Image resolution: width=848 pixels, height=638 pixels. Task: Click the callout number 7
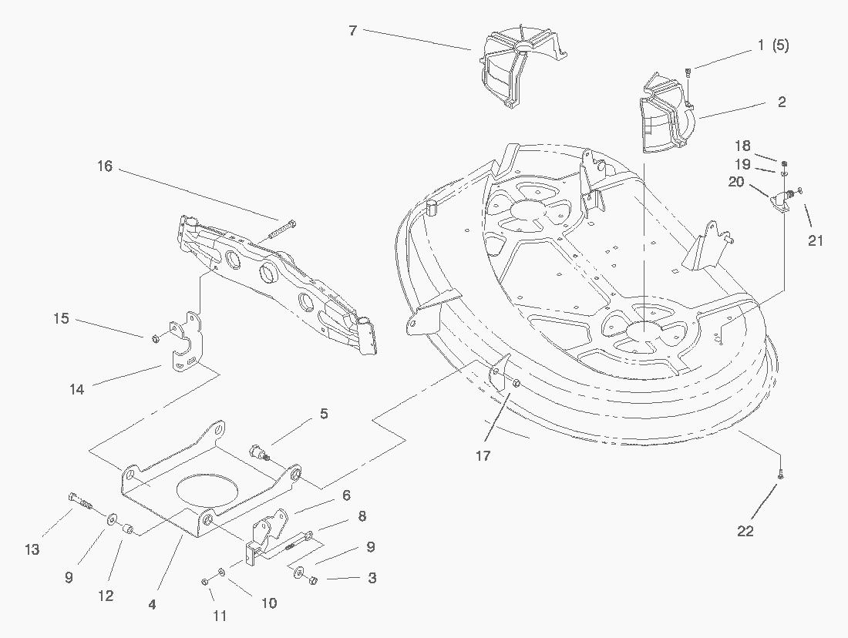tap(352, 30)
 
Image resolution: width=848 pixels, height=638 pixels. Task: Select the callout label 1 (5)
tap(772, 45)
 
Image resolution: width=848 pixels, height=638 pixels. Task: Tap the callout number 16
tap(105, 166)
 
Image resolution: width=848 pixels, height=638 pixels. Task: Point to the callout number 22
tap(745, 531)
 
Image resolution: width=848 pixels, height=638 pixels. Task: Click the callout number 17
tap(483, 456)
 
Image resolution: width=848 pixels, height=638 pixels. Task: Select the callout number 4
tap(152, 605)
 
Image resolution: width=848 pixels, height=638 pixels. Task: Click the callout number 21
tap(816, 241)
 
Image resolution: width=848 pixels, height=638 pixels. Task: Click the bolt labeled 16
tap(283, 228)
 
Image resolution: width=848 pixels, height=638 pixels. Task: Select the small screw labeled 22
tap(780, 475)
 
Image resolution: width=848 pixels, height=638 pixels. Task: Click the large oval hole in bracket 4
tap(207, 491)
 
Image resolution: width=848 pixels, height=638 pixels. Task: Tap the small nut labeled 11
tap(206, 580)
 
